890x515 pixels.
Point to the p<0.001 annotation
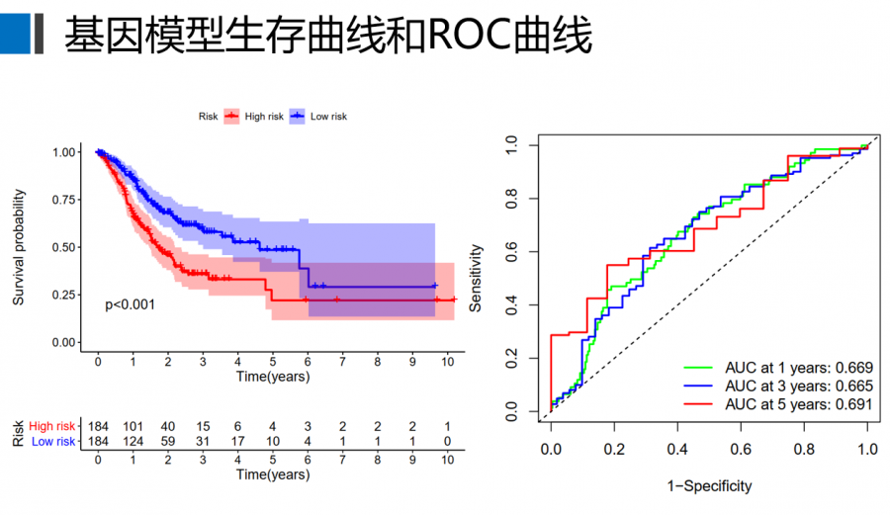[x=130, y=304]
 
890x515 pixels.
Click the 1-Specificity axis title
[x=708, y=486]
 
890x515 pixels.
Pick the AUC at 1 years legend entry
[x=798, y=368]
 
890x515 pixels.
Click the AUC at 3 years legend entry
[x=798, y=386]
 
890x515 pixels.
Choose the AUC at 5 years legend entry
[x=798, y=404]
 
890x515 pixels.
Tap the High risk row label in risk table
[x=52, y=426]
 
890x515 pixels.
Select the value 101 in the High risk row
[x=133, y=426]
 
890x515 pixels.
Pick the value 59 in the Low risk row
[x=167, y=441]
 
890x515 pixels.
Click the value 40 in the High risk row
[x=167, y=426]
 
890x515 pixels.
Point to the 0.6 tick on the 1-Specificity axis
[x=740, y=450]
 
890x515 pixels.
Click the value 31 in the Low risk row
[x=202, y=441]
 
